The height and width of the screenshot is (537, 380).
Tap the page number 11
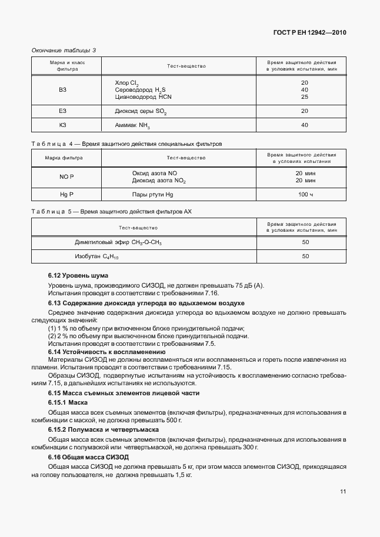(343, 492)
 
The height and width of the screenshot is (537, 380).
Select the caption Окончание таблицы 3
(63, 50)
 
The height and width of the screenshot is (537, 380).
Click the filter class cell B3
(63, 89)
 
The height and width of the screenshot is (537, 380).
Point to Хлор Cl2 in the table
(126, 83)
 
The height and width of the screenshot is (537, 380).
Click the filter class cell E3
(63, 111)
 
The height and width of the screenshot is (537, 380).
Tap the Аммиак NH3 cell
(133, 125)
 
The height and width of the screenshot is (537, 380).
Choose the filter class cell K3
(63, 125)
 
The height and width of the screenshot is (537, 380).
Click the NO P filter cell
(66, 176)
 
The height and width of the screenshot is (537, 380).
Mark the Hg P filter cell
(66, 194)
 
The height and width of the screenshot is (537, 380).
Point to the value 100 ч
(305, 194)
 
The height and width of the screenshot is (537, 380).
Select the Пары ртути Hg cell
(153, 194)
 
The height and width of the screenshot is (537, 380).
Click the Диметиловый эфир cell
(118, 242)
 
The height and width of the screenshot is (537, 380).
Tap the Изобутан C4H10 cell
(97, 256)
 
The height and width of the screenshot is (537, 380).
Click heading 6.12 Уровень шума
(78, 275)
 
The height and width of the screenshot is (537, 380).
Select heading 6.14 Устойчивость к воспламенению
(98, 351)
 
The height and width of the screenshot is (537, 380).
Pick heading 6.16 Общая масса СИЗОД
(88, 457)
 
